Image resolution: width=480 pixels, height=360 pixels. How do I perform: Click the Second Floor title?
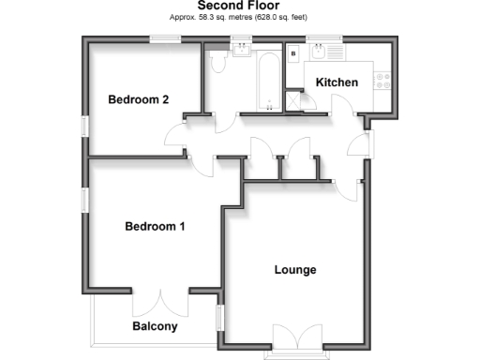click(239, 6)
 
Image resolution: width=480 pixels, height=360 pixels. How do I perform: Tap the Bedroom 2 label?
click(138, 100)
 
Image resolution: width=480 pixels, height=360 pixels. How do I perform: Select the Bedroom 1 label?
click(156, 226)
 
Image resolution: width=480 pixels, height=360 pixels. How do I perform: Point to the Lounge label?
click(295, 270)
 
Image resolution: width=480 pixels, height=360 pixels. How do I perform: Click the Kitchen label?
click(337, 82)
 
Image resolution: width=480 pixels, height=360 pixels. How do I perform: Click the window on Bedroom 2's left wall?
click(84, 126)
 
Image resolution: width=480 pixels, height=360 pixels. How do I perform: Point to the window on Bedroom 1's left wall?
click(84, 200)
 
